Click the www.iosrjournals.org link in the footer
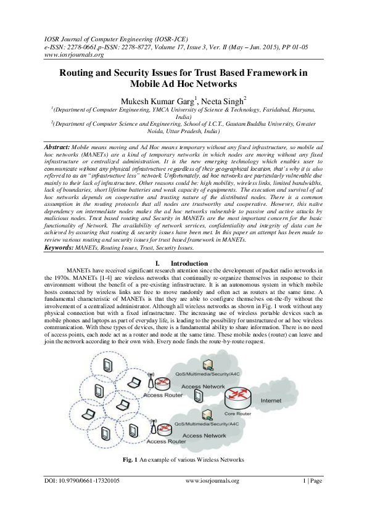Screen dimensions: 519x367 pyautogui.click(x=212, y=480)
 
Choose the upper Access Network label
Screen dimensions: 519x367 pyautogui.click(x=204, y=386)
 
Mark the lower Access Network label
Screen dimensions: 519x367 pyautogui.click(x=205, y=435)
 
